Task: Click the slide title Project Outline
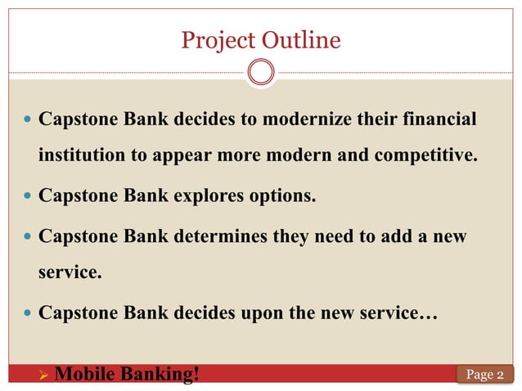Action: (260, 39)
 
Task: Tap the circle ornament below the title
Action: (261, 73)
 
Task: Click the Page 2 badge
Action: (484, 375)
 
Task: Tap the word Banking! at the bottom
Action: (159, 375)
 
